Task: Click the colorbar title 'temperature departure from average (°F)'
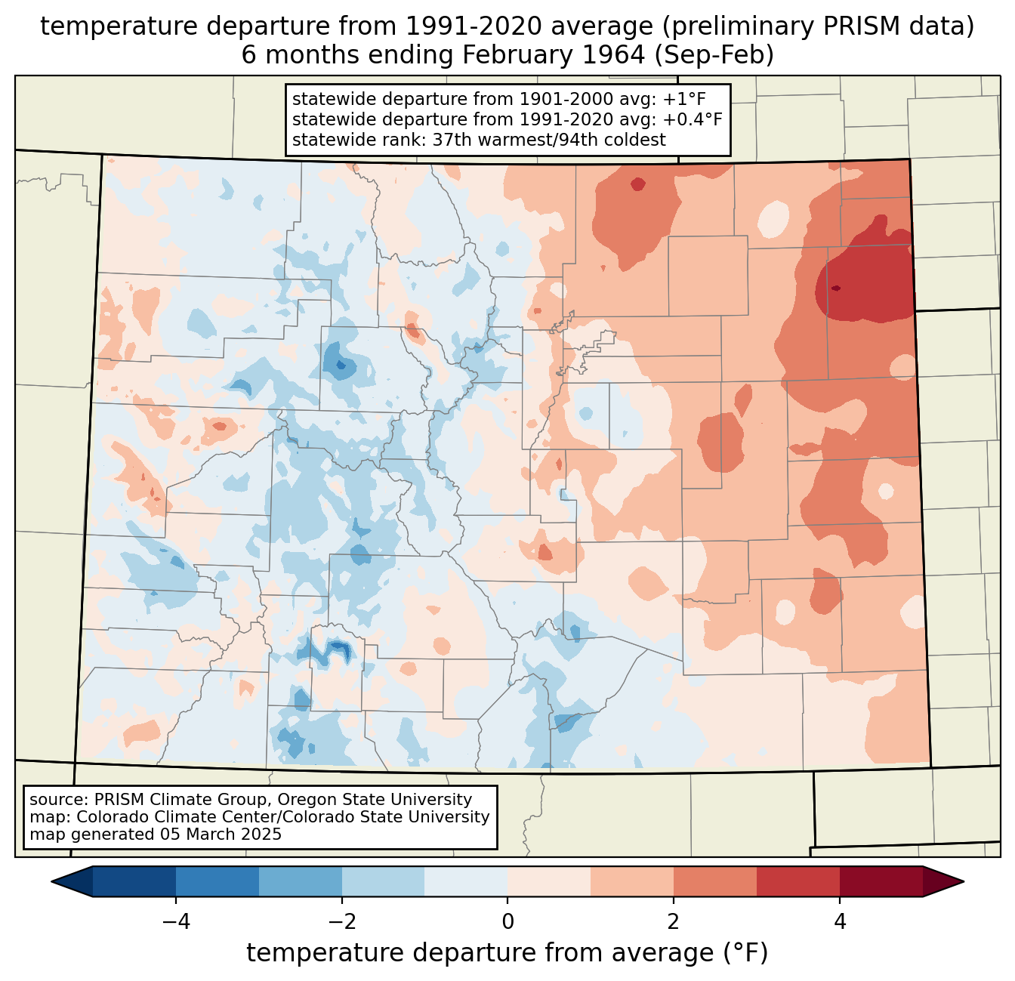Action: coord(507,952)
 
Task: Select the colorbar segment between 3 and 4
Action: coord(798,881)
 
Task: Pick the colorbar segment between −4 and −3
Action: coord(217,881)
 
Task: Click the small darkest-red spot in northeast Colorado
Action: coord(835,288)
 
